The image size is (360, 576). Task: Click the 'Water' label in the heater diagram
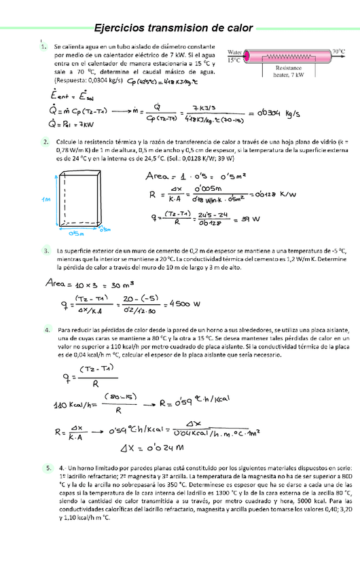[x=235, y=52]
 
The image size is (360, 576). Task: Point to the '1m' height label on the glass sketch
[x=46, y=200]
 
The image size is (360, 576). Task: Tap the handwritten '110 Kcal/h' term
[x=75, y=406]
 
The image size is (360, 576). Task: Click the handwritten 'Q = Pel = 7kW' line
[x=77, y=124]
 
